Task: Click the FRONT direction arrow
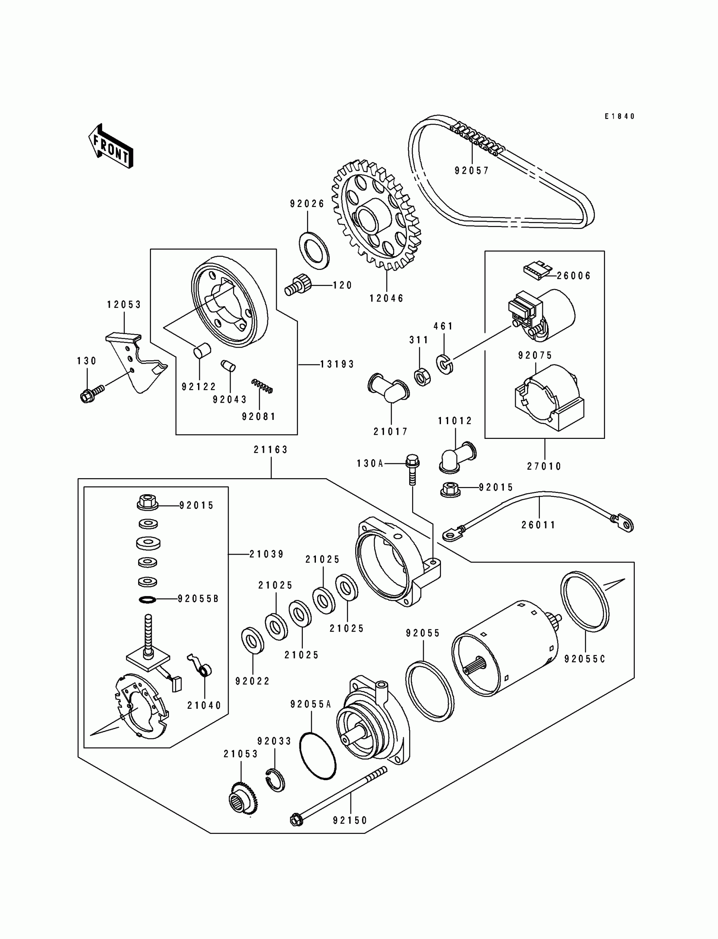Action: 111,146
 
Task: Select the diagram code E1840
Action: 619,116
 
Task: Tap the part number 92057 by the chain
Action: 471,171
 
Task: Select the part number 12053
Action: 124,305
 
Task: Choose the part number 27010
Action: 544,466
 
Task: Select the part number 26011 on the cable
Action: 538,525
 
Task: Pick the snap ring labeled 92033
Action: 276,780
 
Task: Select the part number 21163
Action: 271,449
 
